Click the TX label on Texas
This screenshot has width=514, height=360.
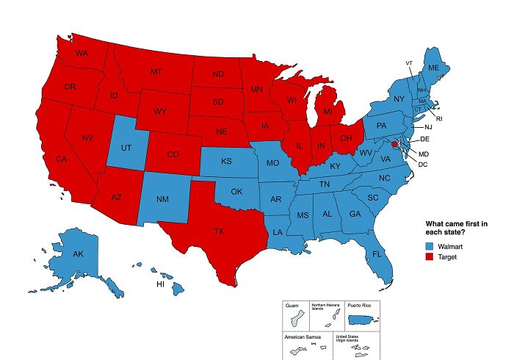218,231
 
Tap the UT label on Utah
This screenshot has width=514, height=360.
126,148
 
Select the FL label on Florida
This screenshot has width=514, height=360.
377,254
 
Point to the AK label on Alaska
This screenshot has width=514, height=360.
78,254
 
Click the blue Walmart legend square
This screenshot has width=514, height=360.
430,245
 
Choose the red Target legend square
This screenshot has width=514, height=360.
430,257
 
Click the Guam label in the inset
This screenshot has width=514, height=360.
292,304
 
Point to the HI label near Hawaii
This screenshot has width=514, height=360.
159,284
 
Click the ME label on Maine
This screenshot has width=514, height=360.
433,68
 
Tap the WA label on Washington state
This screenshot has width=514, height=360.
82,54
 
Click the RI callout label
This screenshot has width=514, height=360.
440,118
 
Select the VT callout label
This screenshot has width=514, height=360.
409,63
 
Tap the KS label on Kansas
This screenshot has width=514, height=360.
226,160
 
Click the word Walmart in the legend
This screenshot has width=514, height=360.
450,245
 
